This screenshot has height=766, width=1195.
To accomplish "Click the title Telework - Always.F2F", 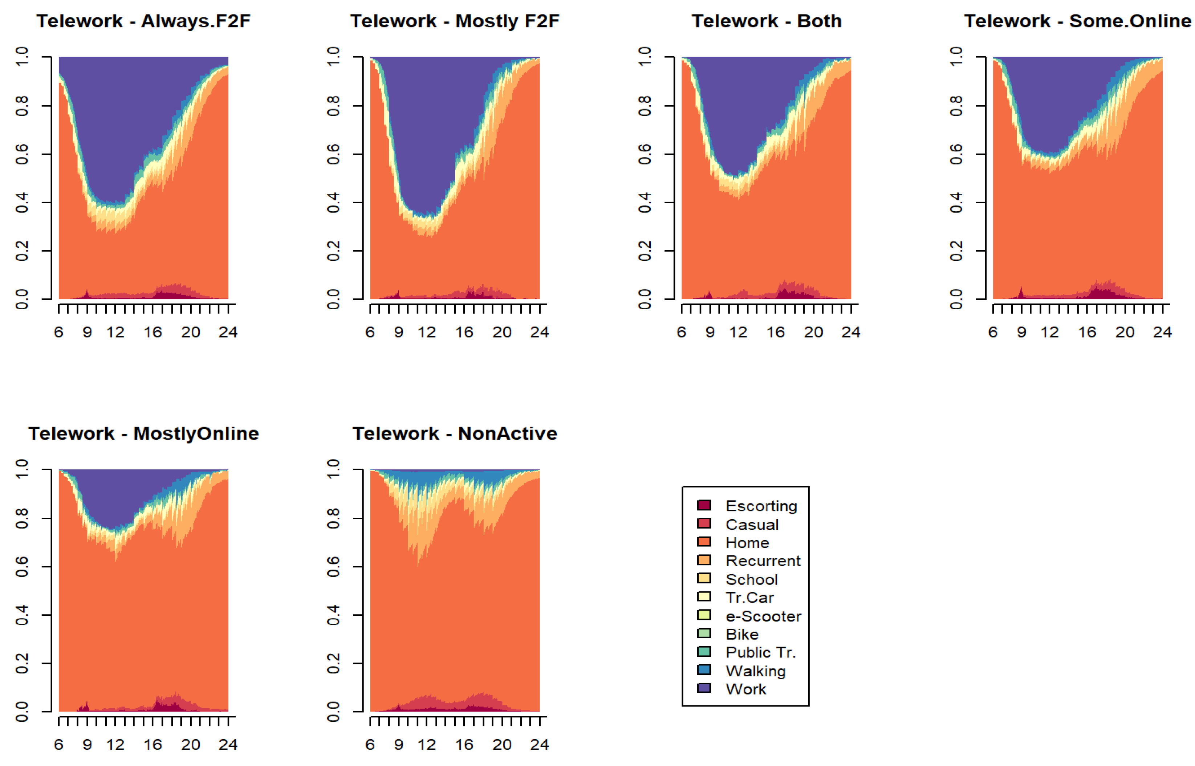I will coord(143,21).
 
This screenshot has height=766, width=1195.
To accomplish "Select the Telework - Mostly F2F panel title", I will coord(455,21).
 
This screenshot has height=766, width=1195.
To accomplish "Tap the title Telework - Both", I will coord(766,21).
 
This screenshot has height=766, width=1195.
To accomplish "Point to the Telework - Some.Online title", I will coord(1078,21).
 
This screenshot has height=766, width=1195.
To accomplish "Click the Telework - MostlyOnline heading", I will coord(143,433).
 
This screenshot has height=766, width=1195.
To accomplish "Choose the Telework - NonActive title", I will coord(455,433).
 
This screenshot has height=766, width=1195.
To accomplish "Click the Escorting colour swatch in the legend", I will coord(704,505).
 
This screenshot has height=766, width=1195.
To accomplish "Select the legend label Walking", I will coord(755,671).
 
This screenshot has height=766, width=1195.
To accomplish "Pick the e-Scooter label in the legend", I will coord(763,616).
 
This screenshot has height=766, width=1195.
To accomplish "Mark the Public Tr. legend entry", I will coord(760,652).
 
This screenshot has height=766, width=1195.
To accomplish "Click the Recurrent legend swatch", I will coord(704,560).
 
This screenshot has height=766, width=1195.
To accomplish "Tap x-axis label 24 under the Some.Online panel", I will coord(1162,332).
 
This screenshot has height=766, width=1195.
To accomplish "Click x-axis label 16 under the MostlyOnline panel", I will coord(153,745).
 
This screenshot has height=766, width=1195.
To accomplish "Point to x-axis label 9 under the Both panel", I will coord(710,332).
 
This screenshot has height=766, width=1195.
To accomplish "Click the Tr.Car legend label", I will coord(749,598).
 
